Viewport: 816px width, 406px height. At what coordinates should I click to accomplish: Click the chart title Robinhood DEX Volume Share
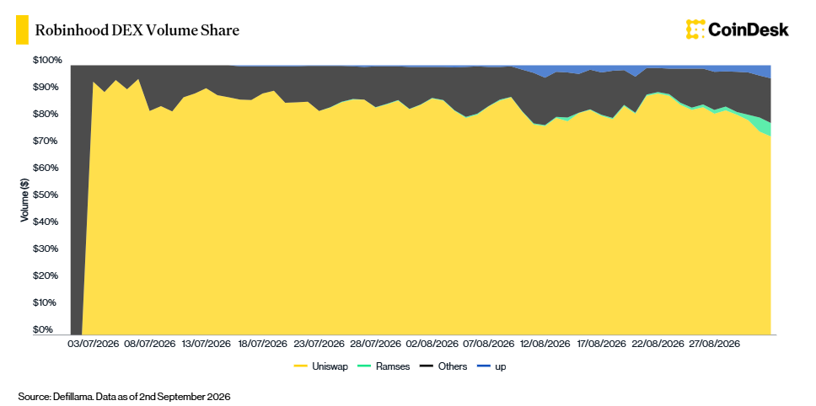click(x=137, y=30)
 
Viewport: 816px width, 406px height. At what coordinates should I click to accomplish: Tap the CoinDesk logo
click(x=737, y=29)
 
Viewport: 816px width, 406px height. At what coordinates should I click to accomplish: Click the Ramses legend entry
click(x=384, y=366)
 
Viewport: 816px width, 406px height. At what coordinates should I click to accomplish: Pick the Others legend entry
click(x=443, y=366)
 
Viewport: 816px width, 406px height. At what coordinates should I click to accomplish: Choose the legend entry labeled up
click(x=491, y=366)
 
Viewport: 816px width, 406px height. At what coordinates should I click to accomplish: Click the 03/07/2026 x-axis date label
click(x=94, y=345)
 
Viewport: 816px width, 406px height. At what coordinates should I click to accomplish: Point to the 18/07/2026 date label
click(x=261, y=345)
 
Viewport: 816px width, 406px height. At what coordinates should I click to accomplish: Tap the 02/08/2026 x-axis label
click(x=432, y=345)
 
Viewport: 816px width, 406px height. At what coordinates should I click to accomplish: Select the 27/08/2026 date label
click(x=713, y=345)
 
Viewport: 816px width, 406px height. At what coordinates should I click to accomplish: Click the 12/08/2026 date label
click(x=545, y=345)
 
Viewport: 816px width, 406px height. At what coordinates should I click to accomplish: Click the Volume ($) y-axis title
click(x=24, y=200)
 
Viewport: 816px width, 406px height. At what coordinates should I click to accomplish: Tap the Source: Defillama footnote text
click(x=124, y=397)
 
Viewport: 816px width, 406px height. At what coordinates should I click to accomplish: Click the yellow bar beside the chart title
click(x=23, y=30)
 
